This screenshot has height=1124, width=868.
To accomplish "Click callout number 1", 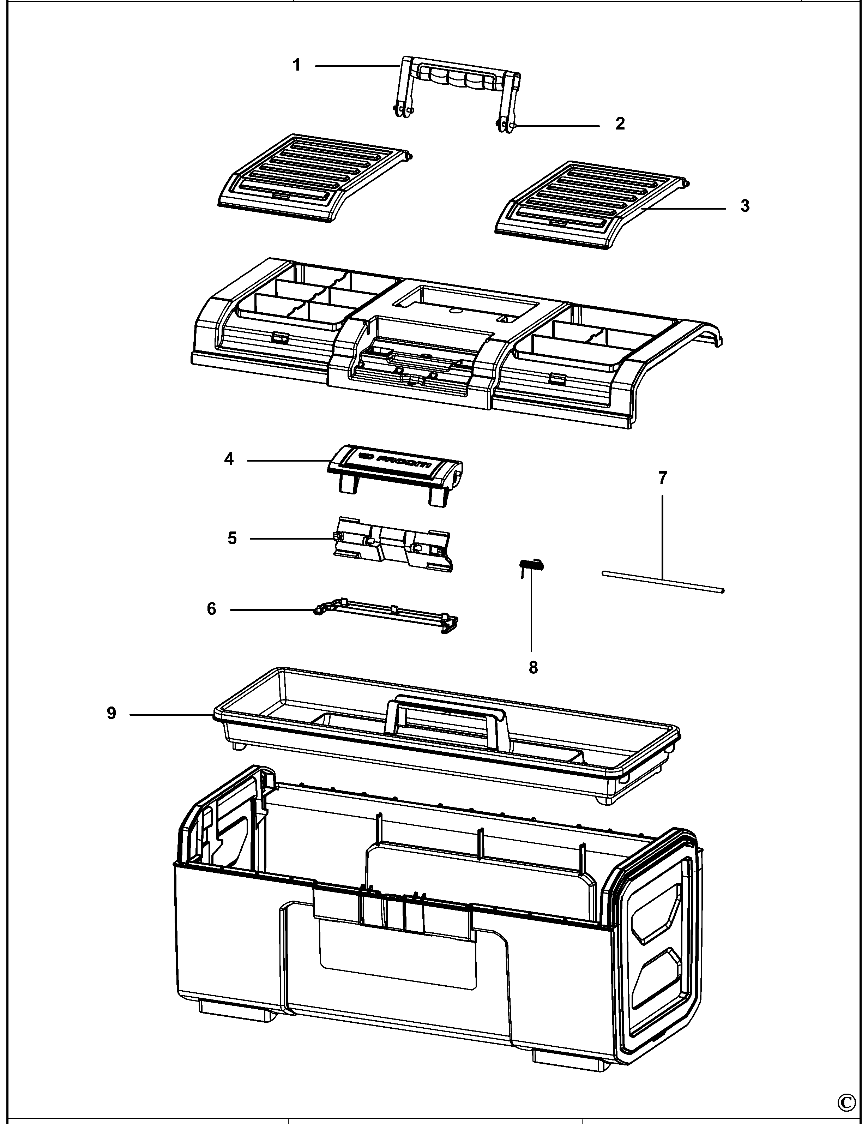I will pos(296,65).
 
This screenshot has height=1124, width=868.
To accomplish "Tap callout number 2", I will pos(620,124).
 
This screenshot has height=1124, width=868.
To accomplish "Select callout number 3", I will pos(745,206).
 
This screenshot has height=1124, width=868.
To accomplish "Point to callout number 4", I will pos(229,458).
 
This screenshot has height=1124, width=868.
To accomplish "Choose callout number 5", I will pos(232,538).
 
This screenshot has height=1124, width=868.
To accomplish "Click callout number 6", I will pos(211,609).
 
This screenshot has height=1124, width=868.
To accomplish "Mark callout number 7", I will pos(662,478).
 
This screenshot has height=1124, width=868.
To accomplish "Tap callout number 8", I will pos(533,667).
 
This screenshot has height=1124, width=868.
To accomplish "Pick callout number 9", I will pos(111,713).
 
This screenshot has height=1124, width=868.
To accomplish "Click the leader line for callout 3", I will pos(684,208).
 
